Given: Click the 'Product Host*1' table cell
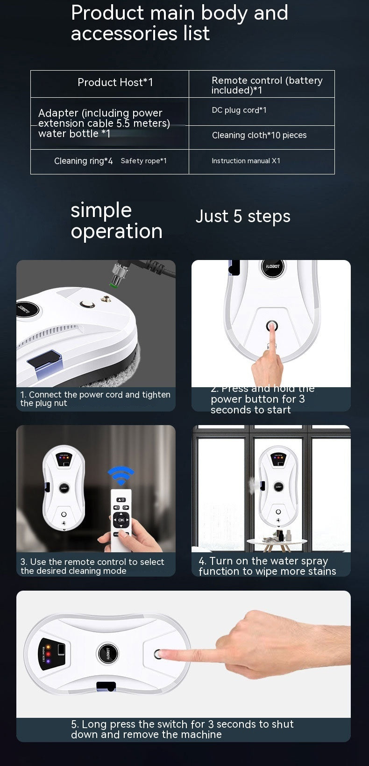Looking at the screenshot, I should (115, 83).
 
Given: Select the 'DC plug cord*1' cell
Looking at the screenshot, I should (239, 110).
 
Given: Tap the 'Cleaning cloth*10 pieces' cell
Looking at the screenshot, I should (259, 135).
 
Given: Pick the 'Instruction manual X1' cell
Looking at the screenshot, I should (246, 161).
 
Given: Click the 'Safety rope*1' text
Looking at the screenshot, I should (143, 161).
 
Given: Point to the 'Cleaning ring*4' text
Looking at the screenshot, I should (83, 161).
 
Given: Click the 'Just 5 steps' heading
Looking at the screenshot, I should (243, 216).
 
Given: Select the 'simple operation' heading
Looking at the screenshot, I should (116, 221).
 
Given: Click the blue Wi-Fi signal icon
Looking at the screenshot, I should (121, 476).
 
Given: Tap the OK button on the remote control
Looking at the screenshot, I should (121, 520).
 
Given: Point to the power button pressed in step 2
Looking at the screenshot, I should (271, 325).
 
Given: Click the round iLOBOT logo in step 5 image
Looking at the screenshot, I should (108, 653).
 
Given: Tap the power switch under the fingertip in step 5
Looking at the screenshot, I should (159, 654).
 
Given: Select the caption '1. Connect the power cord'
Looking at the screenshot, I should (95, 399).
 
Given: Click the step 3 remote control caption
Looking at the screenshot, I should (92, 566).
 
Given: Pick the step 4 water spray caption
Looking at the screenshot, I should (267, 566).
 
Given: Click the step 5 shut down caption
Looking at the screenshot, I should (182, 729).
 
